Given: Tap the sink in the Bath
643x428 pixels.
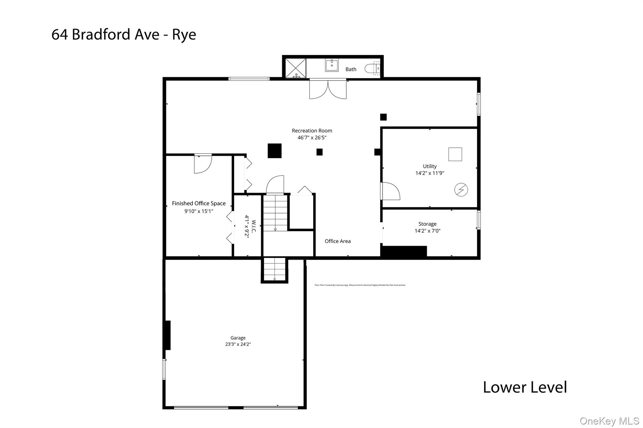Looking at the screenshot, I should pos(332,65).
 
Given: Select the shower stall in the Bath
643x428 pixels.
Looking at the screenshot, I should pos(295,68).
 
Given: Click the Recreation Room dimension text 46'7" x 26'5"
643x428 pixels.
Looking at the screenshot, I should pos(312,138).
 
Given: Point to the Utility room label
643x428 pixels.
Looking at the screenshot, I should pos(430,166).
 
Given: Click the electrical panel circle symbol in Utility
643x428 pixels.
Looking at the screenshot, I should pos(461,190).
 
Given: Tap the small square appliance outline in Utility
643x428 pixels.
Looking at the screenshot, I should pos(455,154).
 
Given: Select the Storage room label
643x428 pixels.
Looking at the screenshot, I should pos(427,224).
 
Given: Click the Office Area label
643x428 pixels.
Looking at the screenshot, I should pos(338,241).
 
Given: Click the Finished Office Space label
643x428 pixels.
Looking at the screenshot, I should pos(199,203).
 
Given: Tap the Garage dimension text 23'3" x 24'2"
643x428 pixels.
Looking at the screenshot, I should pos(238,344).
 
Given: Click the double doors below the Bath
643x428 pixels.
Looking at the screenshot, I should pos(328,90).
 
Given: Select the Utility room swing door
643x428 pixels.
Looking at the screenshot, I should pos(390,191).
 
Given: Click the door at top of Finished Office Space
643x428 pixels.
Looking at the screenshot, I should pos(203,164).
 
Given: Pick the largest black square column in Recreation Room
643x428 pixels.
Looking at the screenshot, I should pos(274,151).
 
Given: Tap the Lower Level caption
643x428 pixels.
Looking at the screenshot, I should pos(525,387).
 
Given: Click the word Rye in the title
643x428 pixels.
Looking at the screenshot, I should pos(184,34).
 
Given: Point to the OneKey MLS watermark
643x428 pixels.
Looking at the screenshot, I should pos(609,421).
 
